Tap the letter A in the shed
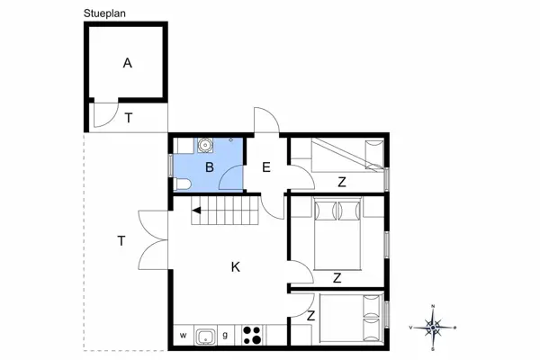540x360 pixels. coord(127,63)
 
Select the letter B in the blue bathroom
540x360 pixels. coord(208,167)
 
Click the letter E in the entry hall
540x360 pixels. coord(266,166)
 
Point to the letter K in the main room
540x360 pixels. coord(235,266)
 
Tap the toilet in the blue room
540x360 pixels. coord(183,184)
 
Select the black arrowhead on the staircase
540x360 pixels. coord(196,211)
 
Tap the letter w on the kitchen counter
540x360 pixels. coord(182,337)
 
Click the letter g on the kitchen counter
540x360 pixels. coord(226,337)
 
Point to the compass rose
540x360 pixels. coord(433,327)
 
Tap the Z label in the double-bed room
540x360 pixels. coord(336,278)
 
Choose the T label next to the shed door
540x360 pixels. coord(129,118)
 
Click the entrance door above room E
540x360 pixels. coord(265,121)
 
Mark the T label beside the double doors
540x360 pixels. coord(121,240)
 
